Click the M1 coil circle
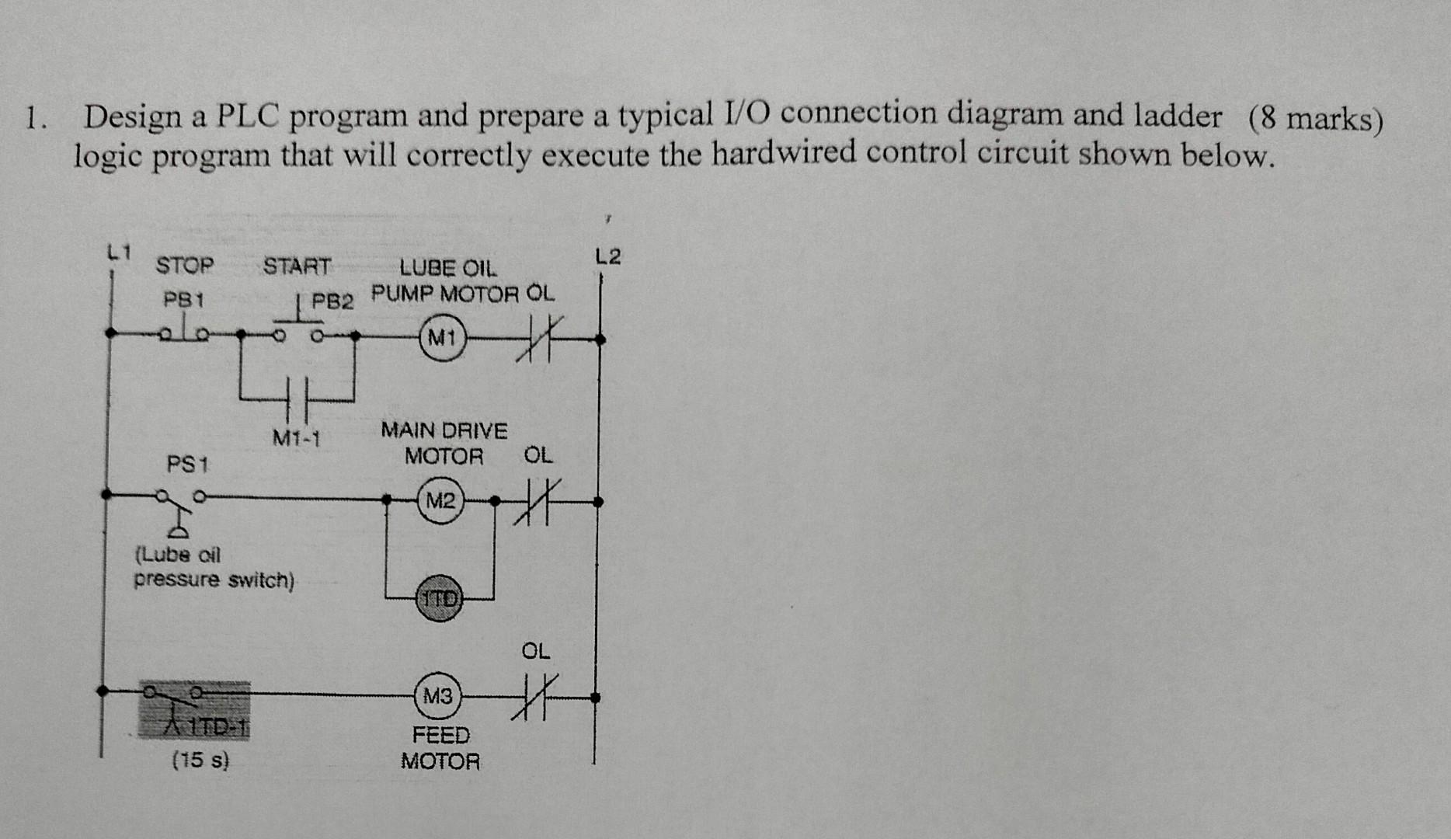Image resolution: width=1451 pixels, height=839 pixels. click(x=442, y=338)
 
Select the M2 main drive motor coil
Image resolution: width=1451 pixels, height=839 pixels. click(x=440, y=501)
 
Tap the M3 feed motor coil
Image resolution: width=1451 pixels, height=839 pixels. click(x=438, y=696)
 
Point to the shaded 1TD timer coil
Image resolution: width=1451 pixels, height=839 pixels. click(x=440, y=598)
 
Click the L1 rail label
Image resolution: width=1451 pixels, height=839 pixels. click(x=119, y=252)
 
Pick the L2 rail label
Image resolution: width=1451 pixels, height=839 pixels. click(x=607, y=256)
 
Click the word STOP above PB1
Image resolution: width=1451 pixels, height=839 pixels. click(x=185, y=266)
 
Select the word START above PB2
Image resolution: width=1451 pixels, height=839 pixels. click(x=297, y=266)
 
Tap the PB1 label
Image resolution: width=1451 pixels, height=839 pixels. click(x=183, y=299)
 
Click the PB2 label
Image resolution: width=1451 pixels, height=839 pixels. click(x=332, y=301)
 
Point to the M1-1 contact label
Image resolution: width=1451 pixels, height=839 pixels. click(x=296, y=439)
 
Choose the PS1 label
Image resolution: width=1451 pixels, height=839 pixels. click(x=187, y=465)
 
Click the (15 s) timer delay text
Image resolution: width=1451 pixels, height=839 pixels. click(x=200, y=760)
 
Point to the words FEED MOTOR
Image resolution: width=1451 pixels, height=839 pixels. click(x=440, y=747)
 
